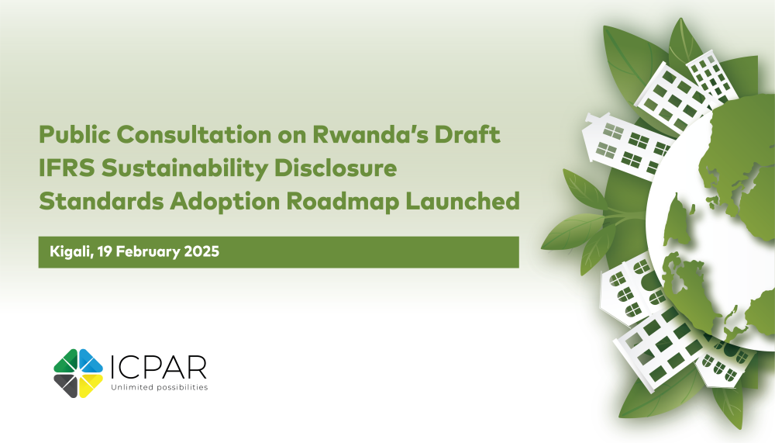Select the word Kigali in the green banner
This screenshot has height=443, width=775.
[x=68, y=253]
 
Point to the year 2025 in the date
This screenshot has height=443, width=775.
[x=203, y=253]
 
